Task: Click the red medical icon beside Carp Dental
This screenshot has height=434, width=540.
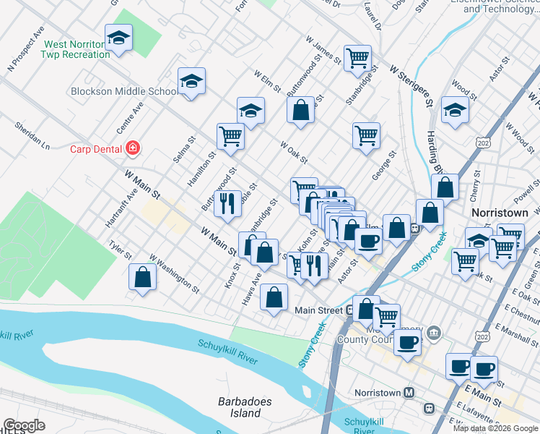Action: pos(132,149)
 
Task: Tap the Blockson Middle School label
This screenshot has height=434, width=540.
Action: pos(124,91)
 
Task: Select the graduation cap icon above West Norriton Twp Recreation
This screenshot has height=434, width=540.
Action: pos(118,38)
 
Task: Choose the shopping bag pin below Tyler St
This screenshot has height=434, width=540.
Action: pos(143,277)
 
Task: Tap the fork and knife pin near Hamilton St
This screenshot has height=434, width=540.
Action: pos(227,203)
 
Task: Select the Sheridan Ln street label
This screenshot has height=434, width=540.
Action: pos(32,135)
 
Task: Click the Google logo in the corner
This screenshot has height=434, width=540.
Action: pos(23,425)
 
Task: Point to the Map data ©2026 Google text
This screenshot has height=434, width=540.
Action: pos(495,428)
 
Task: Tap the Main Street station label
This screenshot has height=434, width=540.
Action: pos(318,310)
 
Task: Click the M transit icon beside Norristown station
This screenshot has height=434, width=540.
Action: pos(409,393)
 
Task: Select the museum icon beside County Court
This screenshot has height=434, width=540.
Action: pos(433,333)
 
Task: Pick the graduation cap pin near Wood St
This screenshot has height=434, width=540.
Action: pos(455,111)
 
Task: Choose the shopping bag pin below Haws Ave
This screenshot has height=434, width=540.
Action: pos(274,297)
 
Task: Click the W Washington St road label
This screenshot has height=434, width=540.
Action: pos(174,273)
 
